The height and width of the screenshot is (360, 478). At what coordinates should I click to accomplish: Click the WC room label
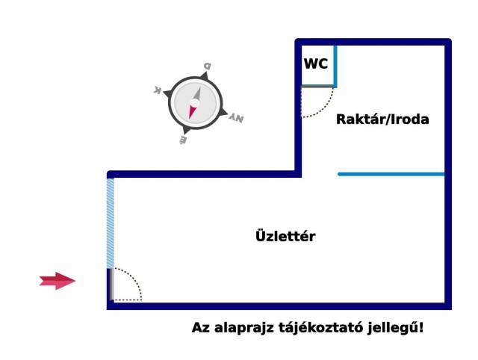315,64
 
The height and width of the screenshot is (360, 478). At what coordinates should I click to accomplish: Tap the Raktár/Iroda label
382,119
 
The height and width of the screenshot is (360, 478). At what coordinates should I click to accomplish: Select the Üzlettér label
285,237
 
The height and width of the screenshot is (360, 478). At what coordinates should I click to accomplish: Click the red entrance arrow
58,281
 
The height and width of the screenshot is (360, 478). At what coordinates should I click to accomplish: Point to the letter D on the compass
207,66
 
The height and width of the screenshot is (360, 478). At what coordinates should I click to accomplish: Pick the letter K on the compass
158,90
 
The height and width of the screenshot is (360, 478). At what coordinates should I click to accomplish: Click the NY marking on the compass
236,118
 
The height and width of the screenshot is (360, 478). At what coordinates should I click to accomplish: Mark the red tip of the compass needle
193,112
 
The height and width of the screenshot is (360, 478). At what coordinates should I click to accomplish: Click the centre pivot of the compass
195,103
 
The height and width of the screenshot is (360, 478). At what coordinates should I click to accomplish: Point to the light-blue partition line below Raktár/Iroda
391,174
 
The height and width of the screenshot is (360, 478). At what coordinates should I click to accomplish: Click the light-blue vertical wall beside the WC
335,66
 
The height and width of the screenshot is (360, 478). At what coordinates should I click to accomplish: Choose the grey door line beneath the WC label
317,87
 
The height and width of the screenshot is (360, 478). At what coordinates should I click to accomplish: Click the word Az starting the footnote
200,328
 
